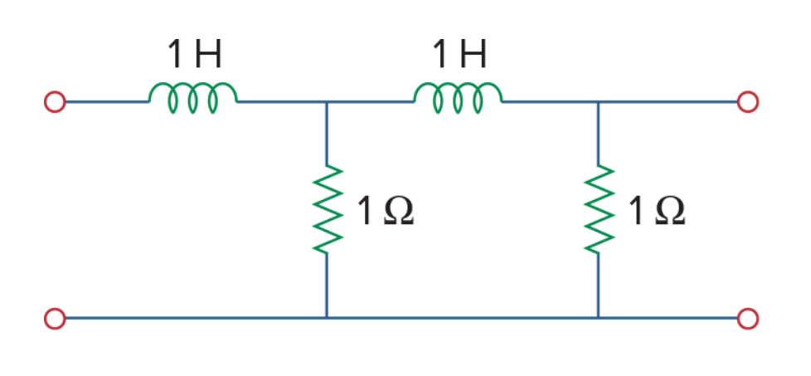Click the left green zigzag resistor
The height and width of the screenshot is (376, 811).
(327, 209)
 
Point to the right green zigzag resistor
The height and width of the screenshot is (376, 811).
(599, 209)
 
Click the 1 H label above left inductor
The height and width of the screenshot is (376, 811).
(195, 54)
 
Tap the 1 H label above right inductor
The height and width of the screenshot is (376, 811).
(459, 54)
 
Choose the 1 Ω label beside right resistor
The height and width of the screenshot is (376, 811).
(657, 211)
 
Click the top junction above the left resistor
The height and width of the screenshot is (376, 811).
(327, 101)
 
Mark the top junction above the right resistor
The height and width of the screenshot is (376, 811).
(599, 101)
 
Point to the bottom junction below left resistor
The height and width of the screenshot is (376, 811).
(327, 317)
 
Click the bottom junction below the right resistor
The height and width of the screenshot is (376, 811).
(599, 317)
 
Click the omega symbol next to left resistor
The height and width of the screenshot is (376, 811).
(400, 212)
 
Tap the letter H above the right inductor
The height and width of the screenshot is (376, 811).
(471, 54)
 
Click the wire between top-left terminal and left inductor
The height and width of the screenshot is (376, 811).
(107, 101)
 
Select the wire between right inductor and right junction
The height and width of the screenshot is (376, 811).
(550, 101)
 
